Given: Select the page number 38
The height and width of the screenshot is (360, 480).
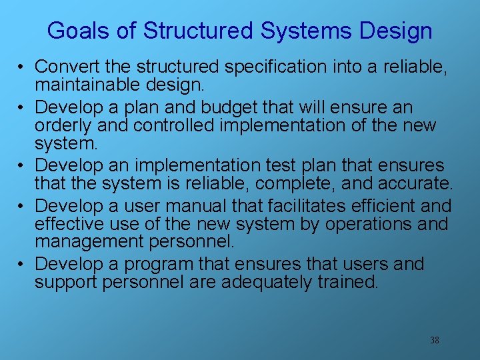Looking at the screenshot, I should point(434,341).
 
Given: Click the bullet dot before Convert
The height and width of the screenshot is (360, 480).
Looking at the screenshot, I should point(23,68).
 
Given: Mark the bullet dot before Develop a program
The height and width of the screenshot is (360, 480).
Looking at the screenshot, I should point(23,265).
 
